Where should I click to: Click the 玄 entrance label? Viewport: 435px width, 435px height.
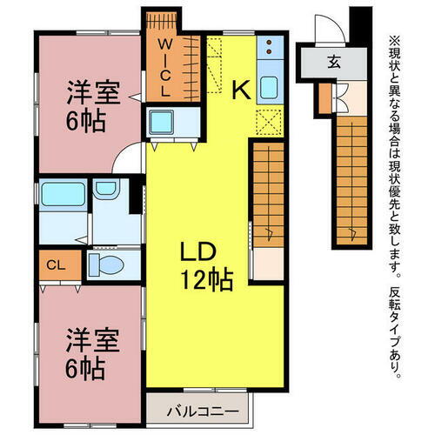pos(334,62)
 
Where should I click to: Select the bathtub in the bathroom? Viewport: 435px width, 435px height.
pos(64,193)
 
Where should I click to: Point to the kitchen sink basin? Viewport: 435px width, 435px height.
pos(269,87)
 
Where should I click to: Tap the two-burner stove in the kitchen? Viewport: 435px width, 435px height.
pos(271,47)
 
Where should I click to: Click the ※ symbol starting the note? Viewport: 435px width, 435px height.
pos(394,40)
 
